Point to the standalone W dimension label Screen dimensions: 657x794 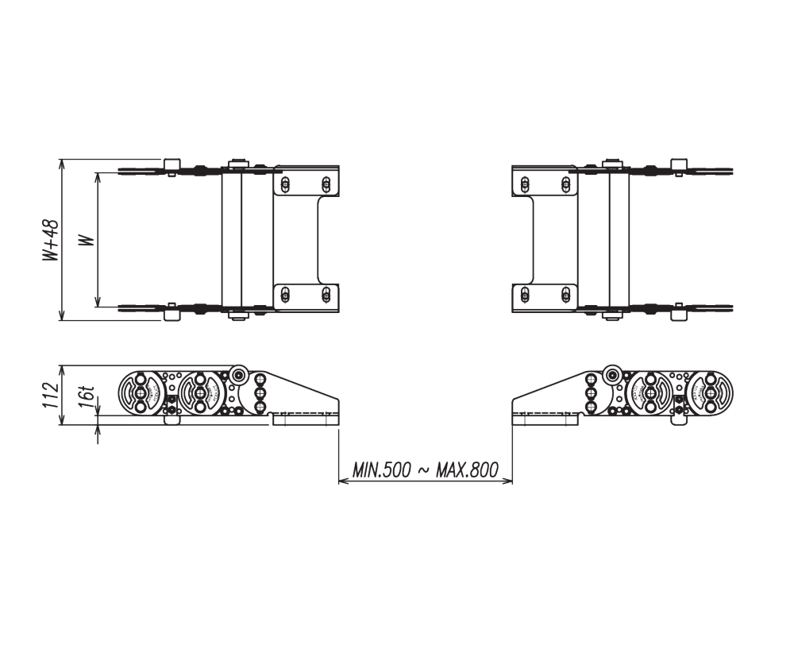[x=87, y=239]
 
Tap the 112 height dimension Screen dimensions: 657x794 [x=51, y=395]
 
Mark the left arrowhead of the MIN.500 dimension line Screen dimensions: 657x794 [x=343, y=481]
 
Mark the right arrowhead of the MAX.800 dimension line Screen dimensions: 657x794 [x=507, y=481]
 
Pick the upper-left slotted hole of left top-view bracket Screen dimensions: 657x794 [x=286, y=184]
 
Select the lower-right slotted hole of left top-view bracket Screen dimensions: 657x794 [x=326, y=296]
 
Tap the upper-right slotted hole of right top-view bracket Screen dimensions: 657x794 [x=565, y=184]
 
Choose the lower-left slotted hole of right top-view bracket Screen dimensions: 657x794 [x=525, y=296]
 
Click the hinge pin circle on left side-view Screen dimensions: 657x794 [x=239, y=375]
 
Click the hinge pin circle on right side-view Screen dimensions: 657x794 [x=611, y=375]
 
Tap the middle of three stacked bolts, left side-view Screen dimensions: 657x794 [x=259, y=394]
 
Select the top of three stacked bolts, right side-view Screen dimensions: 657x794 [x=591, y=381]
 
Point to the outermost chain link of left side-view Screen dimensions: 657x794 [x=139, y=393]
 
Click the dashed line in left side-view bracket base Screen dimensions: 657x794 [x=305, y=415]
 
